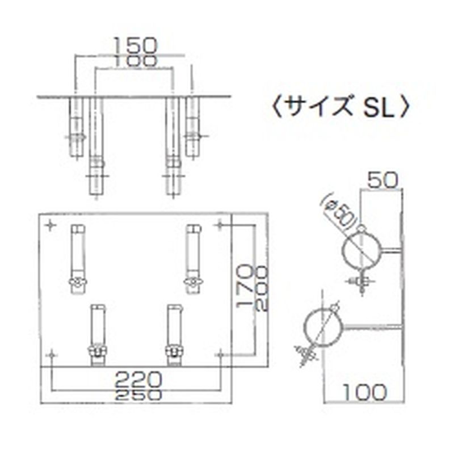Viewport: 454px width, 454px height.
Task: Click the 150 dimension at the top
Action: pyautogui.click(x=133, y=44)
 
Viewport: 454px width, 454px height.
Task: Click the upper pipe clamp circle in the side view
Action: pyautogui.click(x=361, y=250)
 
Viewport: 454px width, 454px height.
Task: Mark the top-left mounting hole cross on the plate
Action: pyautogui.click(x=51, y=226)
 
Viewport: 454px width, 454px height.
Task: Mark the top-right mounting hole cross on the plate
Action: pyautogui.click(x=220, y=226)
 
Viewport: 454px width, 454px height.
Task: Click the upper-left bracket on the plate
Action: pyautogui.click(x=77, y=255)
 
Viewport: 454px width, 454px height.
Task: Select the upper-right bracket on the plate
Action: pyautogui.click(x=193, y=255)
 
